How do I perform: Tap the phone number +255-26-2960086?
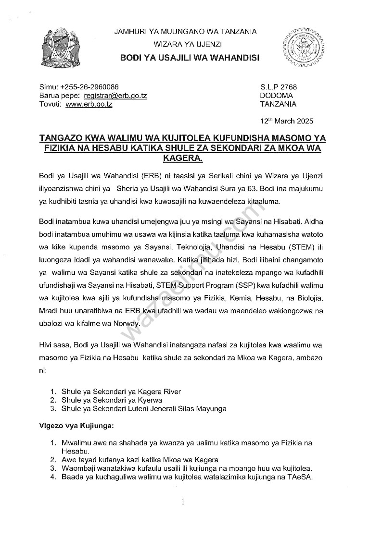(89, 87)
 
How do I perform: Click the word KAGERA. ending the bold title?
(182, 158)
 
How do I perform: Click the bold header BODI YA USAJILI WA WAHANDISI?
(189, 58)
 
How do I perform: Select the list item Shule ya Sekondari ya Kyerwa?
(112, 400)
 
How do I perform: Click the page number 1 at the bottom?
(183, 502)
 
